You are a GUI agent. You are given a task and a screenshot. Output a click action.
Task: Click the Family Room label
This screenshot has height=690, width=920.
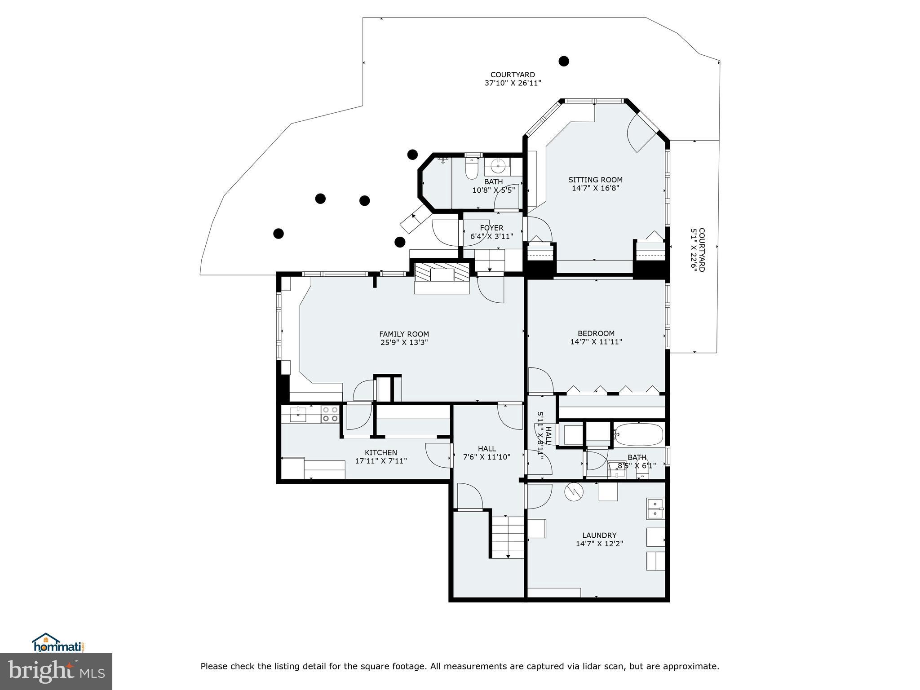coord(404,334)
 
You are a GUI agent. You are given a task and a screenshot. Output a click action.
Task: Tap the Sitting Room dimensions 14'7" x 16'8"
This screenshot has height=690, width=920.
coord(595,188)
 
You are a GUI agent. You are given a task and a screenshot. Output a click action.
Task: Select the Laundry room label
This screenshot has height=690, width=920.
coord(599,535)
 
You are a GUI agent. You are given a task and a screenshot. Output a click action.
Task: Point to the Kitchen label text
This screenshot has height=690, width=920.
coord(380,452)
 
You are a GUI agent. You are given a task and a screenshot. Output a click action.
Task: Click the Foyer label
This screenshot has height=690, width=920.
coord(491,228)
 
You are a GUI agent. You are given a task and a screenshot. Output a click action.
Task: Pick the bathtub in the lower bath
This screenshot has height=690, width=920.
coord(638,434)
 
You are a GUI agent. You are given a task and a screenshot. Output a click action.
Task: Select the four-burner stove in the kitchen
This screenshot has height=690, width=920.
coord(330,414)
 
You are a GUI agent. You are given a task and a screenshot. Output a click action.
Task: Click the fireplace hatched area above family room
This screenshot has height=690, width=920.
coord(442,273)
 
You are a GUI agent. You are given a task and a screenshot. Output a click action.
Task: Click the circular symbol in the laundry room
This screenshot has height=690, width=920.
coord(574,491)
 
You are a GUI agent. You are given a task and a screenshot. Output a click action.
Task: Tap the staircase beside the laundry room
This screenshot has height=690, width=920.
coord(508,537)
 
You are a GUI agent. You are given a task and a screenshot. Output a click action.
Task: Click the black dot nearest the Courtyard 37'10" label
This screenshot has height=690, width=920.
coord(564,61)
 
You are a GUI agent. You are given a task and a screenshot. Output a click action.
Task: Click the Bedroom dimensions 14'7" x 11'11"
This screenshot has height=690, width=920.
coord(596,341)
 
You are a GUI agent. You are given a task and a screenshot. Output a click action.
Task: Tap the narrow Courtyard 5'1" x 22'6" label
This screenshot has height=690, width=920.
coord(698,250)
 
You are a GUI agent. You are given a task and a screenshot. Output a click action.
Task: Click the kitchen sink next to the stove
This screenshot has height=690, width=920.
coord(298,414)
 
